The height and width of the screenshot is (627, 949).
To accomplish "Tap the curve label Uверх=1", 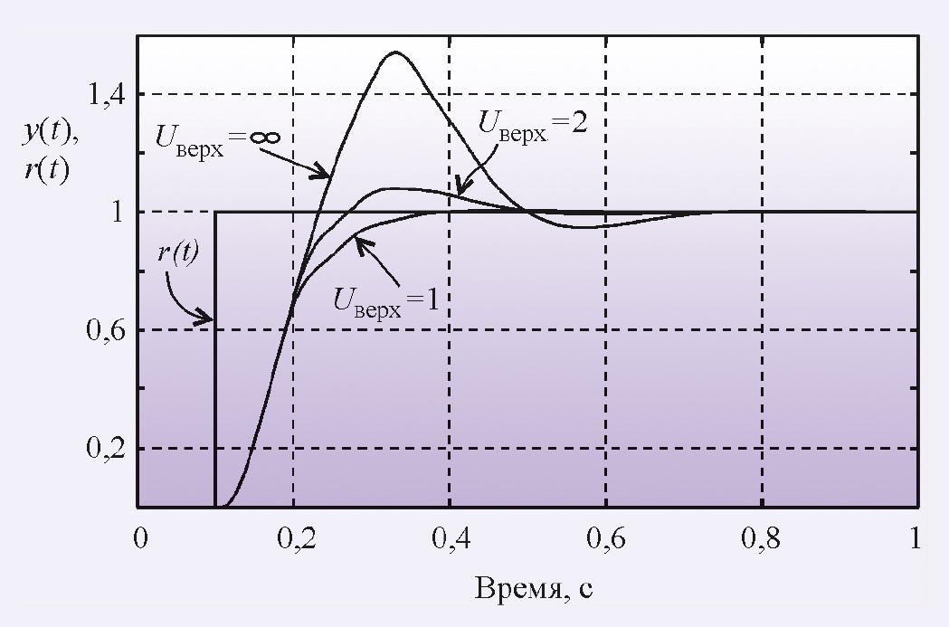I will (x=384, y=299).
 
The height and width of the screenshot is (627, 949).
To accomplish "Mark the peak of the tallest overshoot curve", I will (x=394, y=52).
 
